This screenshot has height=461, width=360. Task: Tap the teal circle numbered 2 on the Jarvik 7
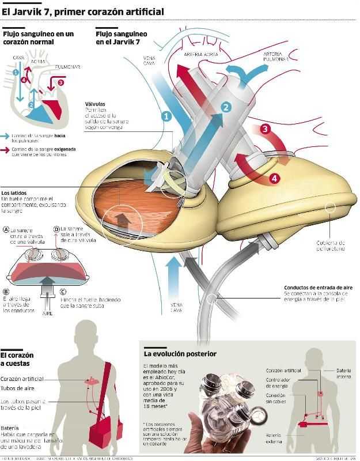tap(226, 107)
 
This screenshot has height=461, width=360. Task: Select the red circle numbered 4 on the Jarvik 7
tap(274, 178)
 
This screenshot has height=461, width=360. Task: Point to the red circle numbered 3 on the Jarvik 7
tap(265, 129)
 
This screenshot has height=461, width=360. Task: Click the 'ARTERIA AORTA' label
tap(201, 53)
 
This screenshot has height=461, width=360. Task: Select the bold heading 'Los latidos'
tap(16, 193)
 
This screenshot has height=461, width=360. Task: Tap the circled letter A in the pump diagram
tap(6, 229)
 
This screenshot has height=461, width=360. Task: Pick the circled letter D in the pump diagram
tap(56, 229)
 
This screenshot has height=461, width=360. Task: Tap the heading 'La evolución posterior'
tap(180, 353)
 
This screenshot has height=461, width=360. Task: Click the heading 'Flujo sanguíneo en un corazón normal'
tap(38, 38)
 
